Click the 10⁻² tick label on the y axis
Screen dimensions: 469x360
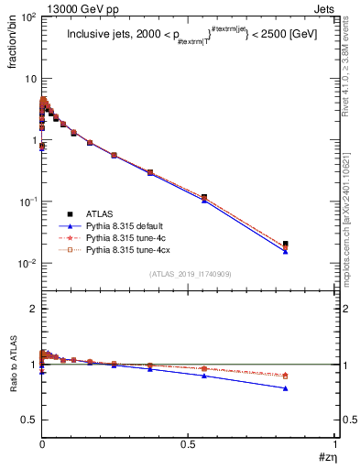pyautogui.click(x=26, y=263)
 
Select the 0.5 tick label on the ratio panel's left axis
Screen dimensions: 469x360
pyautogui.click(x=27, y=420)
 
